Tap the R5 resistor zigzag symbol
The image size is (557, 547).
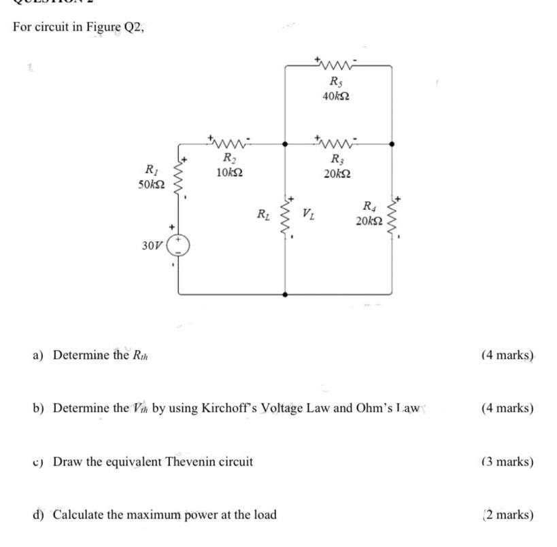(x=337, y=66)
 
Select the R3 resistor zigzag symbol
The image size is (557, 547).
(x=337, y=143)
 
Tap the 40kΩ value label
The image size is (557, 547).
(x=337, y=97)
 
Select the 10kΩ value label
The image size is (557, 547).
(x=229, y=173)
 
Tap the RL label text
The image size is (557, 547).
(x=262, y=216)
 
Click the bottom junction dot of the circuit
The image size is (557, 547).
(x=285, y=294)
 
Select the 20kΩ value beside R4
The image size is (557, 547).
(x=368, y=221)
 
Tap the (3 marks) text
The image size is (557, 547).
(x=507, y=462)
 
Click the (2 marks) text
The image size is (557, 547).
(x=507, y=514)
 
